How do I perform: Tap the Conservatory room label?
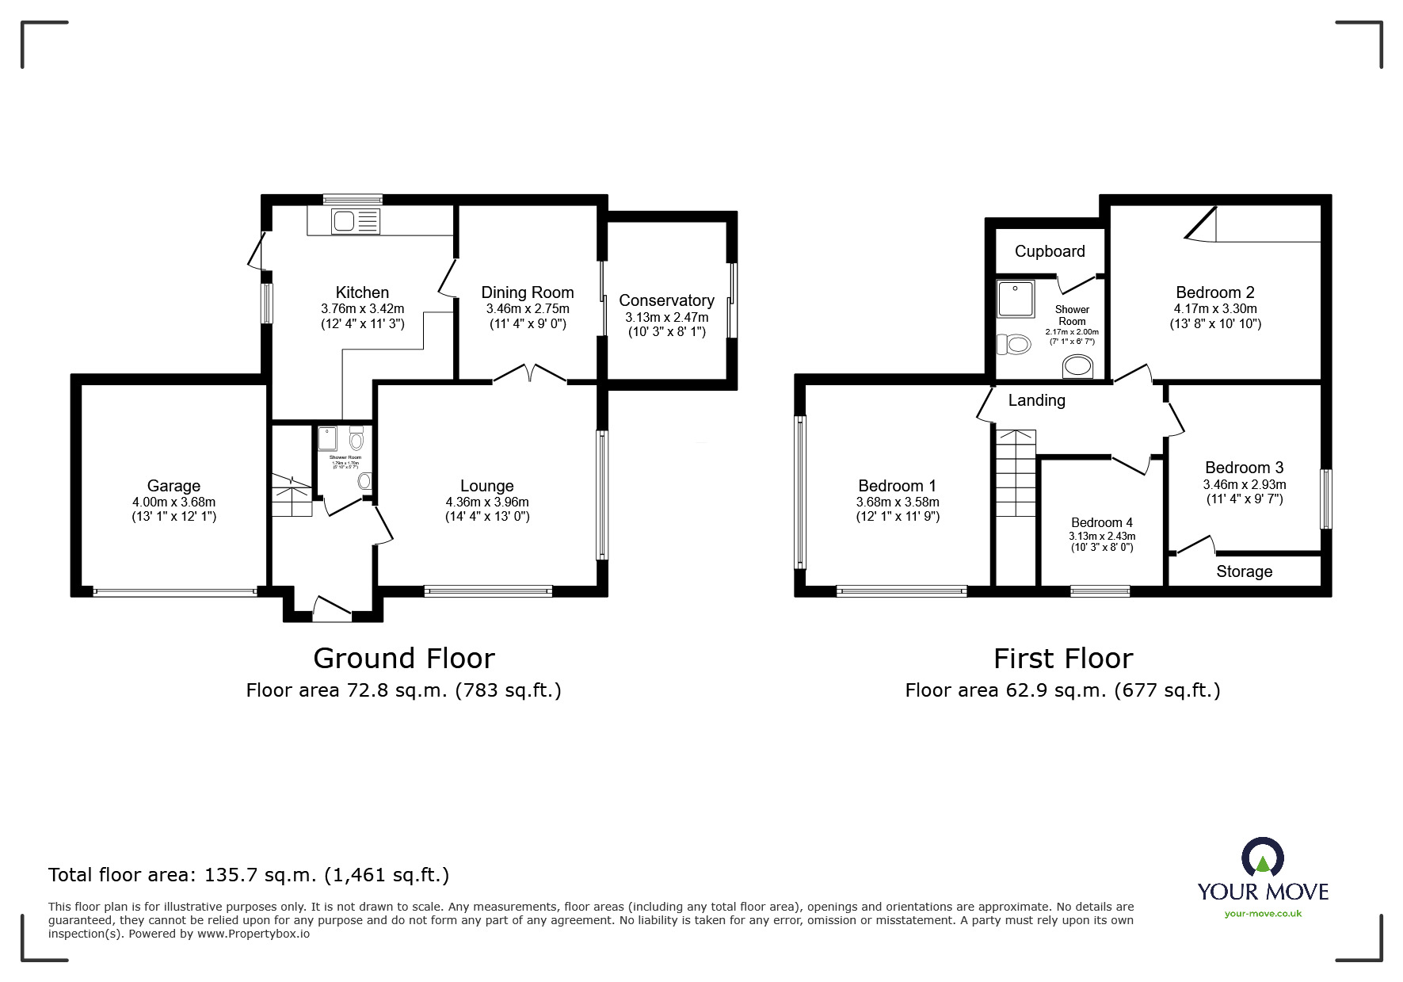[x=666, y=300]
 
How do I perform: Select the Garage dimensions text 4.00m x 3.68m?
[x=173, y=502]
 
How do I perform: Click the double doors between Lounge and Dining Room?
[x=530, y=373]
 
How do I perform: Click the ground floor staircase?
[x=292, y=495]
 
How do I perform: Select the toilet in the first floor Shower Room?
[x=1014, y=345]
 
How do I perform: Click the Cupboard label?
[x=1050, y=251]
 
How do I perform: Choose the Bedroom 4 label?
[x=1101, y=522]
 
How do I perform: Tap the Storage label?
[x=1244, y=571]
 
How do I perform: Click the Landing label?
[x=1036, y=400]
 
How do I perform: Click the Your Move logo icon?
[x=1262, y=858]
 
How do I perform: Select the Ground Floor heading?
[x=404, y=658]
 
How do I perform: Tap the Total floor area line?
[x=249, y=875]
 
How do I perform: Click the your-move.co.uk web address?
[x=1263, y=914]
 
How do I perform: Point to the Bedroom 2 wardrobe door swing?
[x=1202, y=224]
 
